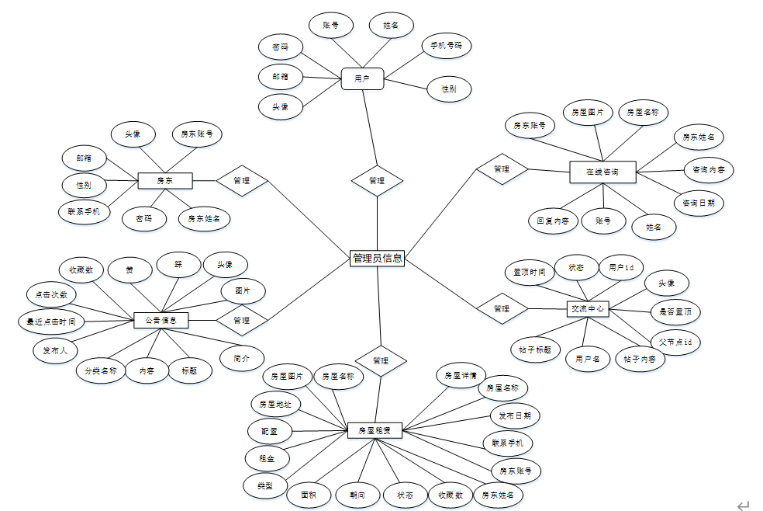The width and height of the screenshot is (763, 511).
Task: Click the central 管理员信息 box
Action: [377, 258]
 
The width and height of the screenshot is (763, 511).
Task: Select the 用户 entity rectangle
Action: [362, 78]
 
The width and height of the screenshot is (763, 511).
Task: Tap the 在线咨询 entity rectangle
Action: [602, 172]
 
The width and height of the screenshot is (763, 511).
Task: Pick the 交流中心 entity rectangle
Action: [587, 308]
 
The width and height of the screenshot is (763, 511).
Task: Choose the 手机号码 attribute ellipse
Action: [446, 46]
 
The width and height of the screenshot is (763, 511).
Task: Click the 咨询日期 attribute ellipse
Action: [699, 203]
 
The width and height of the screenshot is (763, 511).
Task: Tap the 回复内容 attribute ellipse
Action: [553, 221]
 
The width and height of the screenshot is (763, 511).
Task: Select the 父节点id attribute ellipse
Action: [675, 342]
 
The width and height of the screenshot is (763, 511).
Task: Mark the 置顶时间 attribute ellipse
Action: [530, 273]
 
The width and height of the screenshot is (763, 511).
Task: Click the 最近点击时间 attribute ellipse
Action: [51, 320]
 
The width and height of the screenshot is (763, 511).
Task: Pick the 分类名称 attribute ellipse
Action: [101, 370]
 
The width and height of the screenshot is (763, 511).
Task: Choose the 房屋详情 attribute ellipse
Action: [460, 375]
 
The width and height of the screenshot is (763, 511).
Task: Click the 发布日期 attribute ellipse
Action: [515, 415]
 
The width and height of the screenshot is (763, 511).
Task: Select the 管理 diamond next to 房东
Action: [241, 181]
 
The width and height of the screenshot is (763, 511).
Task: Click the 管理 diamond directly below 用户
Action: [377, 181]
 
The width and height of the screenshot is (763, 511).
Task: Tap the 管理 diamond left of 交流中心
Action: [502, 308]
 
